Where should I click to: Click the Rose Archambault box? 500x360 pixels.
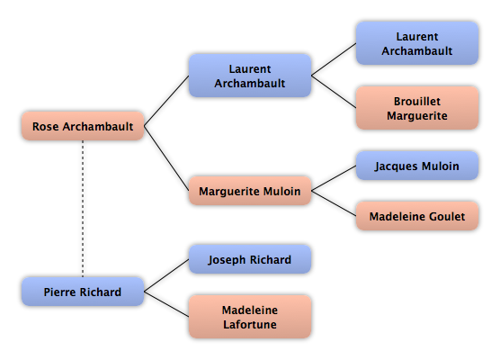pos(83,126)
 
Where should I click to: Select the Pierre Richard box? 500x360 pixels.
pos(83,292)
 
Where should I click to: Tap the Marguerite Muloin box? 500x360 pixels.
pos(250,191)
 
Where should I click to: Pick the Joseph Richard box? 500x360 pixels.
pos(250,259)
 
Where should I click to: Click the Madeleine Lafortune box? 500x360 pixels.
pos(250,317)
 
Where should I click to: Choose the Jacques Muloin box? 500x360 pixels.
pos(417,166)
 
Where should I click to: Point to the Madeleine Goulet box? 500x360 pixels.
pos(417,216)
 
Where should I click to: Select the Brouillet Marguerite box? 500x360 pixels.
pos(417,108)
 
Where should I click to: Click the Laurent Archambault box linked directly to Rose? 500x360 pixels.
pos(250,76)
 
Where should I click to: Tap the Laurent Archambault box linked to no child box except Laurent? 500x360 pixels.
pos(417,43)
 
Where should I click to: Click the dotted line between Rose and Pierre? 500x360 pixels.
pos(83,209)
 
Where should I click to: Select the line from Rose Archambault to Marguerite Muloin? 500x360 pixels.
pos(166,158)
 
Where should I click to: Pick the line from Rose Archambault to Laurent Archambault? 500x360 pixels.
pos(166,101)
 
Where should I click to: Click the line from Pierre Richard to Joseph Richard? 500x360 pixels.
pos(166,275)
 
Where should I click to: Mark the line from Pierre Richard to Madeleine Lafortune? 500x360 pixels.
pos(166,304)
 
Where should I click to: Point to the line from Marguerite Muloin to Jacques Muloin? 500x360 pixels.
pos(334,178)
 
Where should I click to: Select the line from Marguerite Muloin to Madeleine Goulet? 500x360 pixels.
pos(334,203)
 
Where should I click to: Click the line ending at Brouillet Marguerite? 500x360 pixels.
pos(334,92)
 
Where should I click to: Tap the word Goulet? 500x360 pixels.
pos(447,216)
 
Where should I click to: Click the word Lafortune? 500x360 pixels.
pos(250,324)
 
